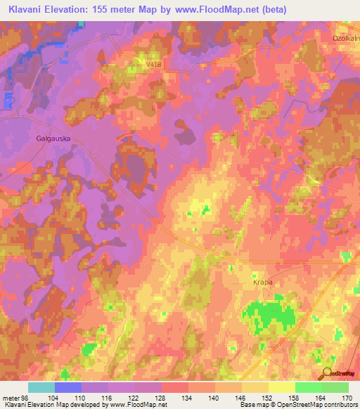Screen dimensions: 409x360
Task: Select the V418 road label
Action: coord(153,64)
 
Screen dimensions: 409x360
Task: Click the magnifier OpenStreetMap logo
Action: coord(328,375)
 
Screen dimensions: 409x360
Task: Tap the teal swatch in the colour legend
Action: coord(41,387)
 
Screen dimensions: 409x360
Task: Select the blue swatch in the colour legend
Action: coord(68,387)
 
